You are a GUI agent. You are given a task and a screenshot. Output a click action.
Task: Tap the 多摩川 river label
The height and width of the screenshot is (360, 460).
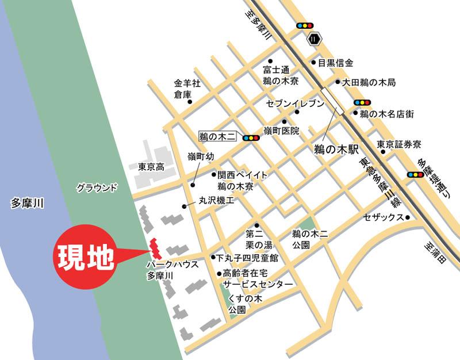(x=28, y=202)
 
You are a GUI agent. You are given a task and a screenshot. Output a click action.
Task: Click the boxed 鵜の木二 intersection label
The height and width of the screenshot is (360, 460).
(x=218, y=137)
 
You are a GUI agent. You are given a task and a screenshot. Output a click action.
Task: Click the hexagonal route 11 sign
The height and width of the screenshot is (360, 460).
(x=314, y=39)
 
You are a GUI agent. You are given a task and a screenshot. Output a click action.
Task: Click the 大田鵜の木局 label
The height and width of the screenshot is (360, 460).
(x=369, y=83)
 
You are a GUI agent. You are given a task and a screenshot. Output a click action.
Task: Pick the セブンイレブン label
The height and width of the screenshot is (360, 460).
(x=295, y=104)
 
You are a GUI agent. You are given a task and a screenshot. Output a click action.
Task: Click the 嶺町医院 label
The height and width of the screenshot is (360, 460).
(x=282, y=131)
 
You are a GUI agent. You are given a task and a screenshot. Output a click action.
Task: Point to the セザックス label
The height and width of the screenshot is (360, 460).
(x=384, y=217)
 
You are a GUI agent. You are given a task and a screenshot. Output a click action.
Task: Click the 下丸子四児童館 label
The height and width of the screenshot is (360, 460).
(x=247, y=258)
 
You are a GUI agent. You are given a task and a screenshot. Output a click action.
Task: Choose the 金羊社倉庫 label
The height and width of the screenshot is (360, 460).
(x=187, y=88)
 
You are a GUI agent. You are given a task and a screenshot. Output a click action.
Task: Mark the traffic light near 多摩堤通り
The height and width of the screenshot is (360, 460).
(x=415, y=174)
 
